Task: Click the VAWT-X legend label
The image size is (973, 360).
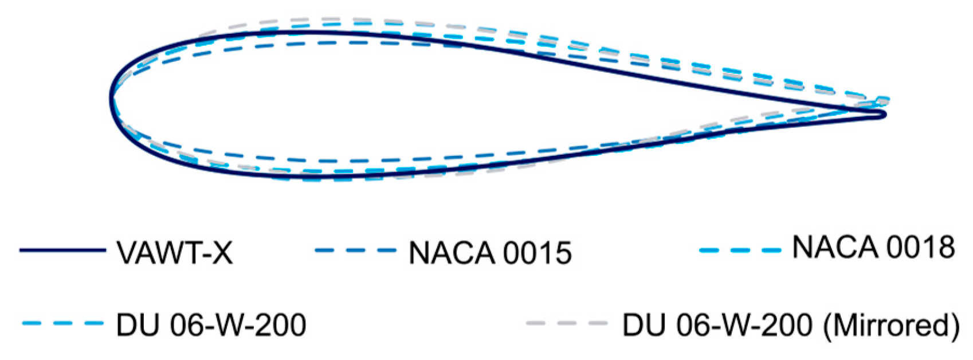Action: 175,252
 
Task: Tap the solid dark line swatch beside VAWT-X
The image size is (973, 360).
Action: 62,251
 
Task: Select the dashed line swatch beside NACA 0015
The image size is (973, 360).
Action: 355,251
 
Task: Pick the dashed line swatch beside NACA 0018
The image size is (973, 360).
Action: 740,250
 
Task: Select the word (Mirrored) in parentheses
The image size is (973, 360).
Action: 892,326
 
